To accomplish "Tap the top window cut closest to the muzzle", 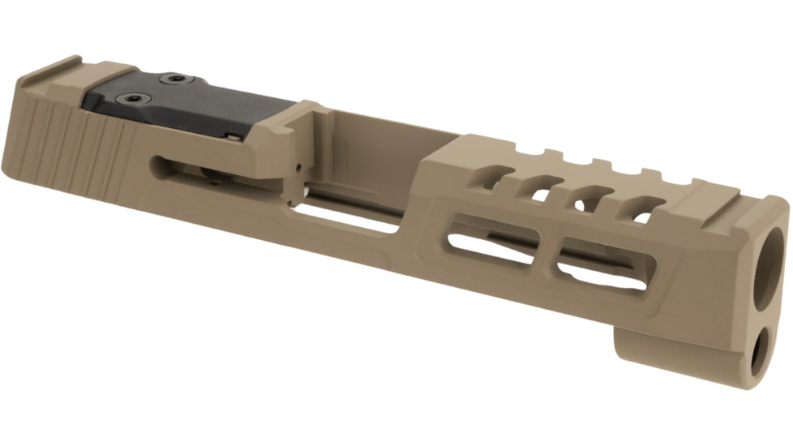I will [640, 209].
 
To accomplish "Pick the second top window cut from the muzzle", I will [593, 199].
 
